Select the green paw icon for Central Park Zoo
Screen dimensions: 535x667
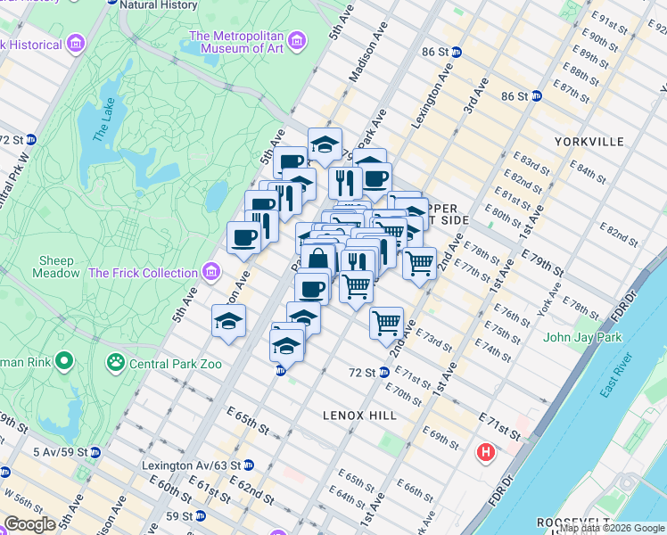[x=115, y=362]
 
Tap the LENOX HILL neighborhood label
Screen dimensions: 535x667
[x=360, y=416]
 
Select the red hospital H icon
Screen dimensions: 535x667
[x=486, y=452]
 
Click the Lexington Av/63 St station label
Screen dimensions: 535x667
[x=191, y=465]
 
